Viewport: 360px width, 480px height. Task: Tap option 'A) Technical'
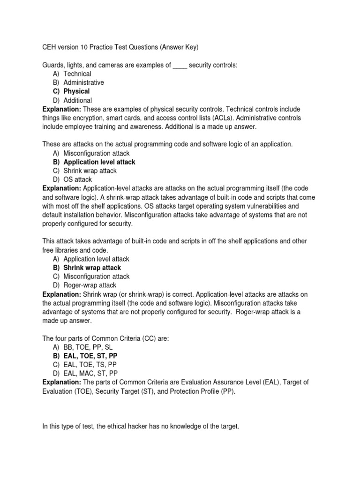pos(72,74)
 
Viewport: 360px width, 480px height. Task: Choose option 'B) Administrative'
pos(78,82)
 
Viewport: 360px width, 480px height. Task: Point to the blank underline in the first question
pos(180,66)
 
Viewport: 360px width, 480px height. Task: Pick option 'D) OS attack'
pos(72,180)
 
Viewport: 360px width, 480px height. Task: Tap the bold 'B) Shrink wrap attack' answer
pos(87,268)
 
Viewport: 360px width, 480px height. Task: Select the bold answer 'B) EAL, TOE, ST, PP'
pos(85,356)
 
